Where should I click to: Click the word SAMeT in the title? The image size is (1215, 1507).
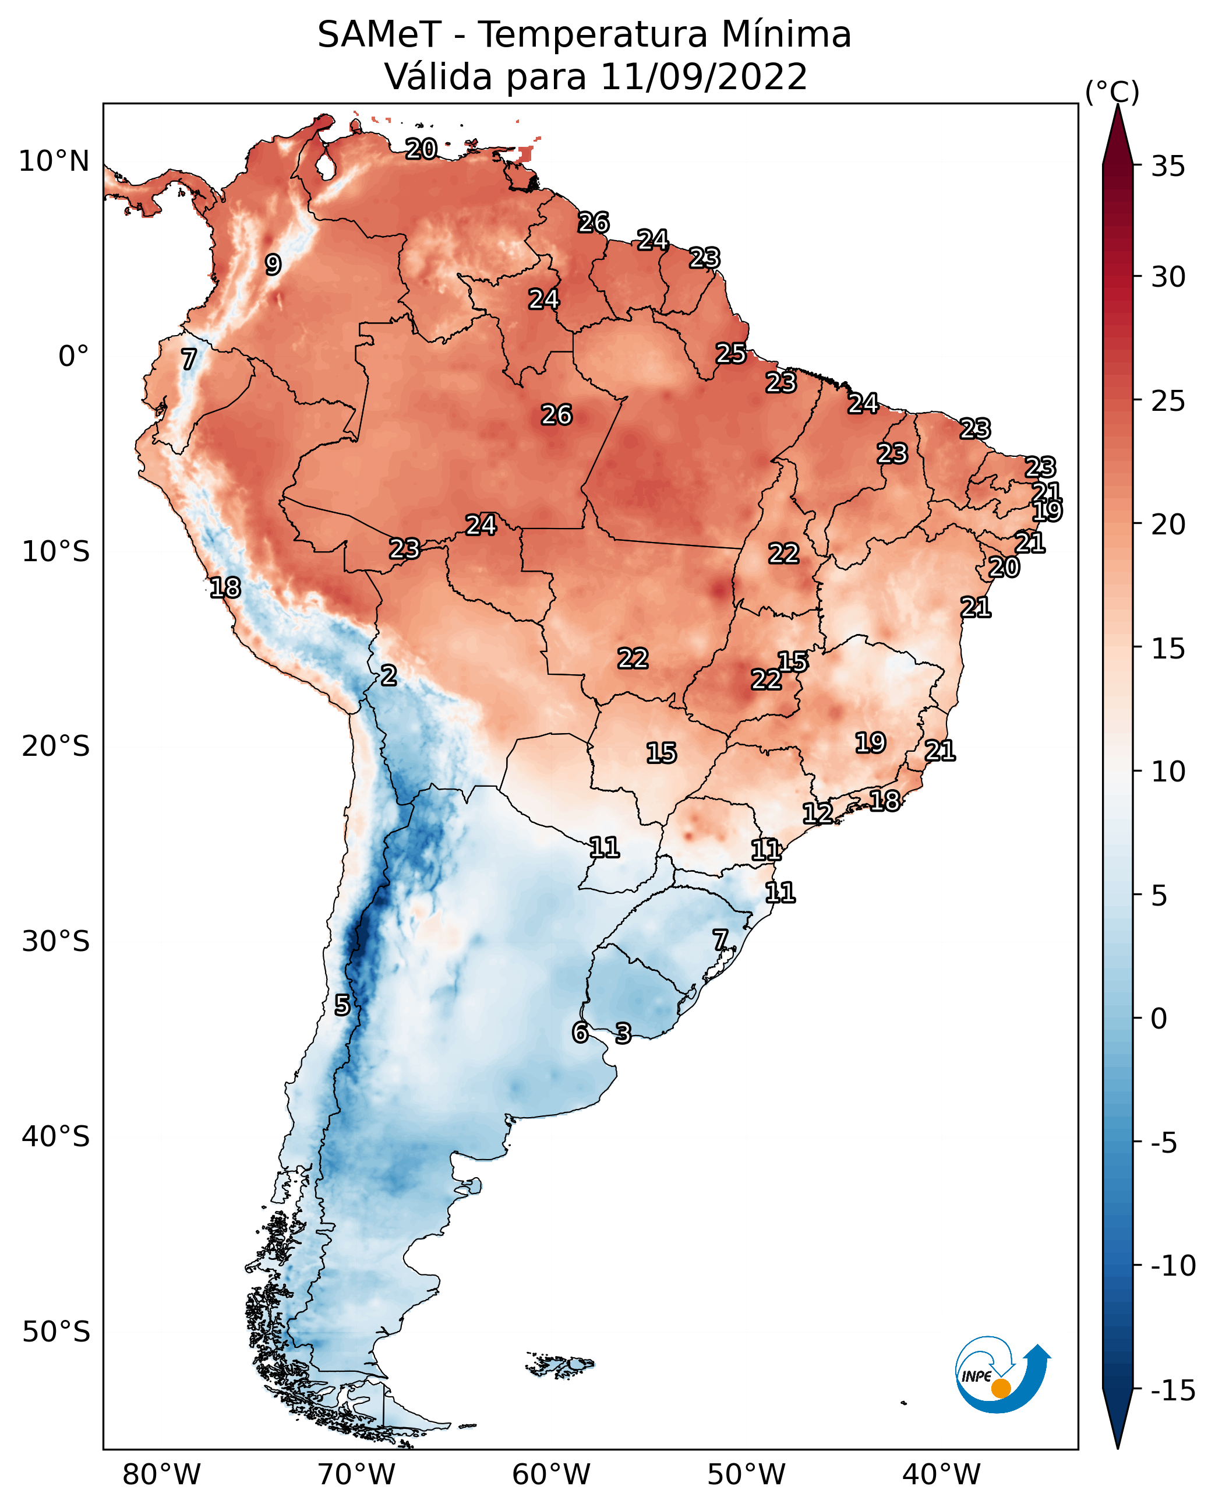point(379,35)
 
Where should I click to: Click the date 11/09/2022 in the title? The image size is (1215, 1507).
point(704,77)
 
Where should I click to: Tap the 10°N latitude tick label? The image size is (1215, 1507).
point(54,162)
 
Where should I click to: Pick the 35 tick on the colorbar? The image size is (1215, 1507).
point(1168,167)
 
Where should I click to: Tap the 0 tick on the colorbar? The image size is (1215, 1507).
point(1159,1019)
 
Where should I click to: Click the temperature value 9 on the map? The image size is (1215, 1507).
point(273,265)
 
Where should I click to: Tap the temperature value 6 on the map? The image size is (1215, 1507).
point(580,1033)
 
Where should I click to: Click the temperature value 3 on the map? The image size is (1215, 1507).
point(623,1034)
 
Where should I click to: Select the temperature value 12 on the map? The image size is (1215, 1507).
point(817,814)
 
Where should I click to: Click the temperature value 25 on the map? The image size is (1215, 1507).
point(730,354)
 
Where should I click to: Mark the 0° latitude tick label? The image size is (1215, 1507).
point(73,357)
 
